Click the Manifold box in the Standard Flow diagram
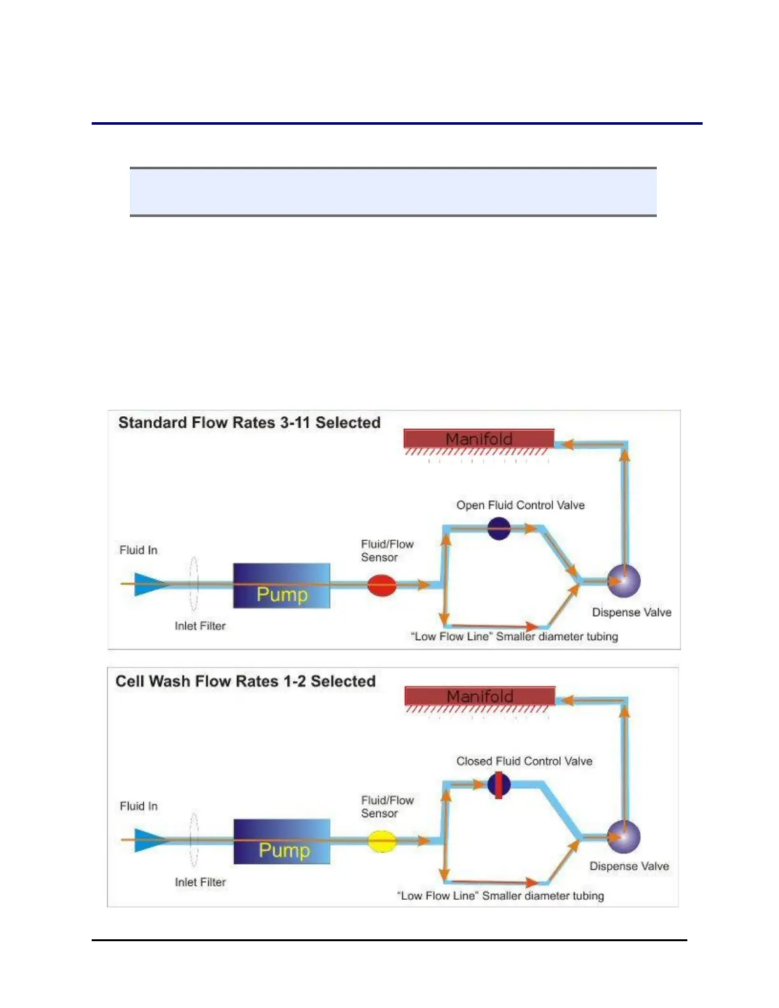[479, 438]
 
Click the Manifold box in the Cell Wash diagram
[480, 696]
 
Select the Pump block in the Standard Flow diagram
[281, 585]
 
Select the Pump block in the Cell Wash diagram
[282, 841]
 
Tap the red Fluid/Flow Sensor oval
[382, 585]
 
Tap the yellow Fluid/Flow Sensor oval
[382, 841]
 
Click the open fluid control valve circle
[499, 528]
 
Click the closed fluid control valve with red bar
[499, 785]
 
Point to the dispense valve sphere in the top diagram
[624, 580]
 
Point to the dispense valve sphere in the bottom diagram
[624, 836]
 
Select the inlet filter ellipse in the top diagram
[193, 584]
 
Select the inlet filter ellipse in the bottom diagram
[193, 840]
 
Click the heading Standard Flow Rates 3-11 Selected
[249, 423]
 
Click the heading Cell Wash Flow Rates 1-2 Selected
[246, 681]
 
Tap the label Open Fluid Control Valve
[521, 505]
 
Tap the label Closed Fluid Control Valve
[524, 761]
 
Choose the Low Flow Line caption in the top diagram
[514, 636]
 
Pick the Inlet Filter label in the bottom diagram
[200, 882]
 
